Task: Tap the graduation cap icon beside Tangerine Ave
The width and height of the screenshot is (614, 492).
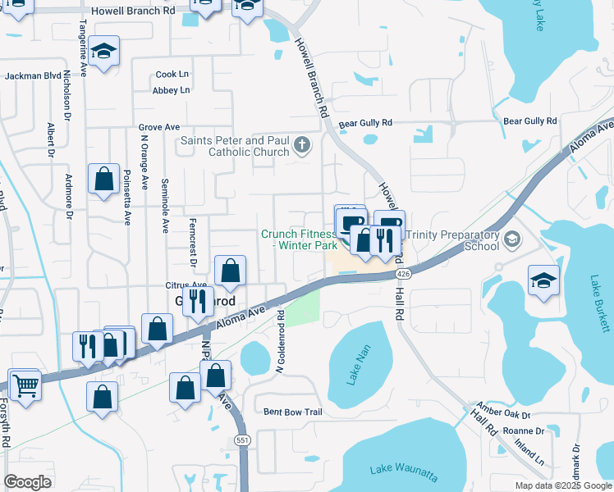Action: (x=103, y=52)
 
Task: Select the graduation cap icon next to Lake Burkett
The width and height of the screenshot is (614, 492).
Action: (x=543, y=280)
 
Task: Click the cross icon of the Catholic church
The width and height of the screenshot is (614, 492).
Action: (x=302, y=146)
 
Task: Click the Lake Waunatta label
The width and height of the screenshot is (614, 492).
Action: (x=403, y=472)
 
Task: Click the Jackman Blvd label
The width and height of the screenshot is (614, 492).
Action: (x=34, y=75)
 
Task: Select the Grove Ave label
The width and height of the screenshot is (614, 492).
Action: (x=158, y=128)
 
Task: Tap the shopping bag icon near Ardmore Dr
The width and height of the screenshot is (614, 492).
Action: (x=103, y=180)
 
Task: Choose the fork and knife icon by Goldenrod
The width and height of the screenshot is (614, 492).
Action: (x=198, y=301)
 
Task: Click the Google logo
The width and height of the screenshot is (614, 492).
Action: (x=28, y=481)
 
